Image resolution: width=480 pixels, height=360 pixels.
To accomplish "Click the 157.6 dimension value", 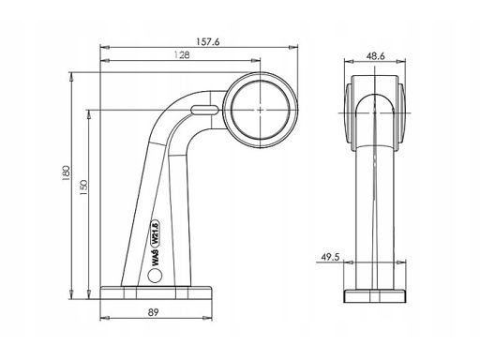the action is pyautogui.click(x=208, y=42).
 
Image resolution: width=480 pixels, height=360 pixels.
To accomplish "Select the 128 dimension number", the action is pyautogui.click(x=182, y=55).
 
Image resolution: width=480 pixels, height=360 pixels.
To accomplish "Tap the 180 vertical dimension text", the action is pyautogui.click(x=66, y=173).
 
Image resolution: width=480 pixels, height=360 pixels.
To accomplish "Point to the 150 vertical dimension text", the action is pyautogui.click(x=83, y=187).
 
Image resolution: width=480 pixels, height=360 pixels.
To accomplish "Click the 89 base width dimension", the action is pyautogui.click(x=153, y=312).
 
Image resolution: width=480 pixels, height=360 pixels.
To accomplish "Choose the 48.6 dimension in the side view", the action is pyautogui.click(x=375, y=56).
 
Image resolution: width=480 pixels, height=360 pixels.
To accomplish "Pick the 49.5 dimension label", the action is pyautogui.click(x=330, y=257).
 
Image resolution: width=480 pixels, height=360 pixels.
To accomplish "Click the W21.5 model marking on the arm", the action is pyautogui.click(x=156, y=232).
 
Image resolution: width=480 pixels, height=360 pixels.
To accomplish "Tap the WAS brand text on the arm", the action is pyautogui.click(x=156, y=257).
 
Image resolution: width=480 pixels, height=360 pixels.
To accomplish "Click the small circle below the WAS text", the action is pyautogui.click(x=155, y=276).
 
